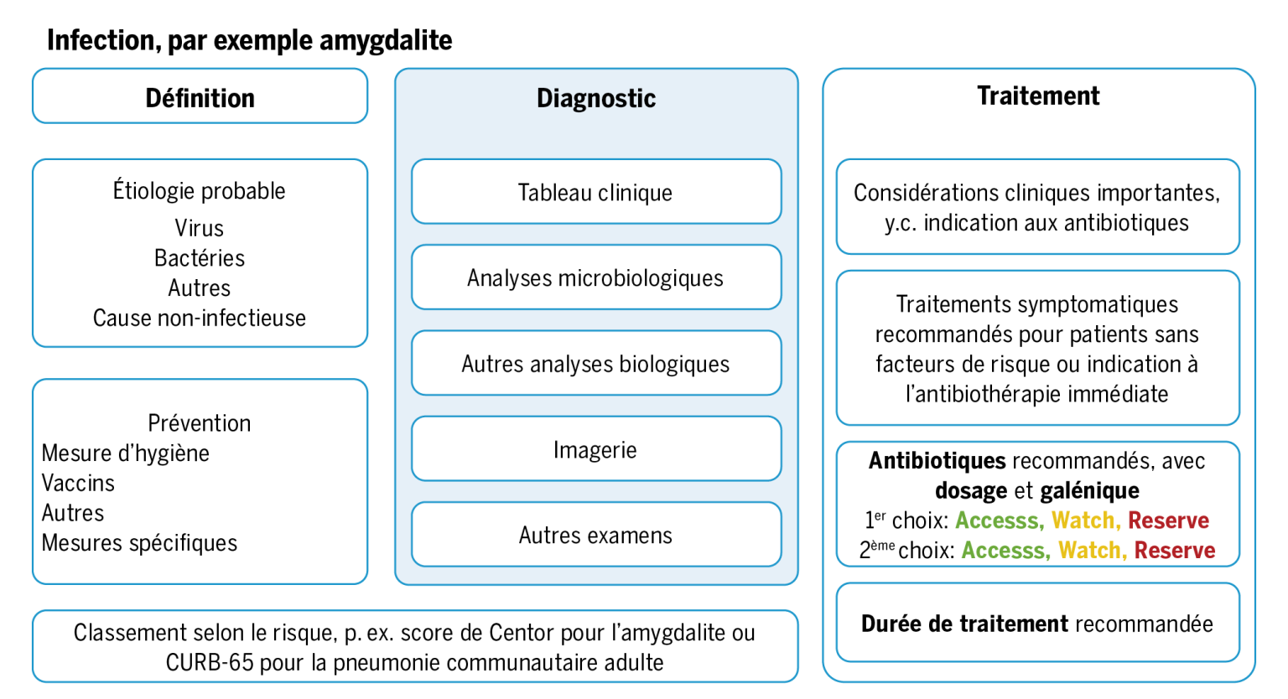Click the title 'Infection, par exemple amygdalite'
point(250,41)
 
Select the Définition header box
point(200,96)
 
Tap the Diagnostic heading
point(596,98)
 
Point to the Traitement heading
point(1038,96)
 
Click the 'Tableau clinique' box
point(596,192)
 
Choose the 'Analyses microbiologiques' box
point(596,277)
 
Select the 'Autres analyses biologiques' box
point(596,363)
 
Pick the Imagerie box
point(596,449)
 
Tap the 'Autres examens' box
point(596,535)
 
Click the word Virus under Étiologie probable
point(199,228)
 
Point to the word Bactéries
point(200,258)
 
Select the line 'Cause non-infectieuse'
point(200,318)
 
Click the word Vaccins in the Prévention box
point(78,483)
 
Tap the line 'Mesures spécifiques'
point(139,543)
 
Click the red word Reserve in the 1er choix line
point(1168,520)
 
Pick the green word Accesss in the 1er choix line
point(1000,520)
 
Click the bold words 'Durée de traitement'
point(965,624)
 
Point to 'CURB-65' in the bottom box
point(210,663)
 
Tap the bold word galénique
point(1089,491)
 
